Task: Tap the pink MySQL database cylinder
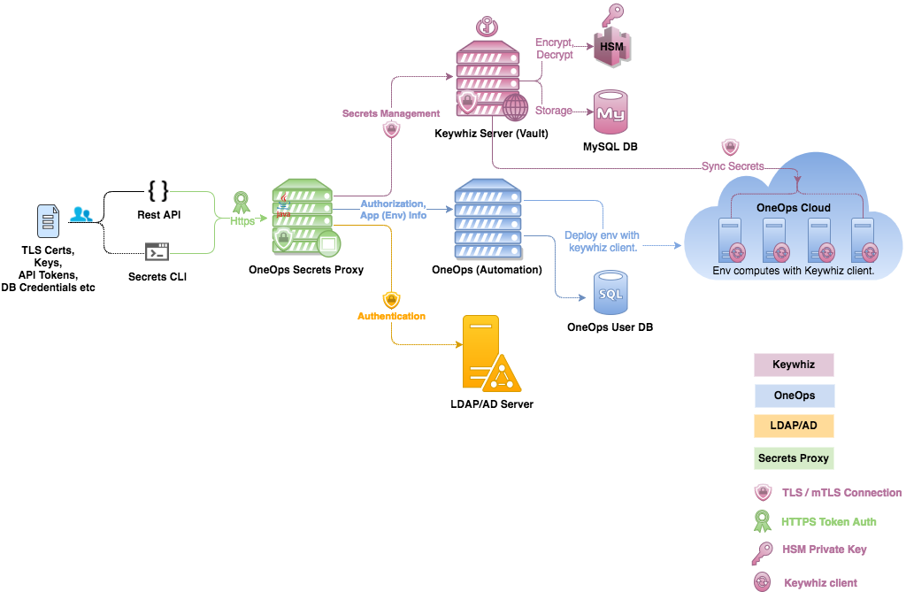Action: click(x=610, y=111)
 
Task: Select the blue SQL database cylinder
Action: click(x=610, y=293)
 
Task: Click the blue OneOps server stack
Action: click(x=488, y=218)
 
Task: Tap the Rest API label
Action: click(x=158, y=215)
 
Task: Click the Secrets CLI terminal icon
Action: click(x=157, y=251)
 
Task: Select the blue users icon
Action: click(x=81, y=213)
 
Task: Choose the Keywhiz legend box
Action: click(x=794, y=365)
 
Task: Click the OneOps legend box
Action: click(x=794, y=396)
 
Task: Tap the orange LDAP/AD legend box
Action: click(x=794, y=427)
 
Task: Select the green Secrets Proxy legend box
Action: click(x=794, y=458)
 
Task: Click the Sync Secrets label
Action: click(x=733, y=166)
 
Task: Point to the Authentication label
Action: click(x=391, y=316)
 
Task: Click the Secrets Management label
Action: click(x=390, y=113)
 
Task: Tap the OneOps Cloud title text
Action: click(x=794, y=208)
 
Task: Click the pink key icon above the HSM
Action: click(x=612, y=16)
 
